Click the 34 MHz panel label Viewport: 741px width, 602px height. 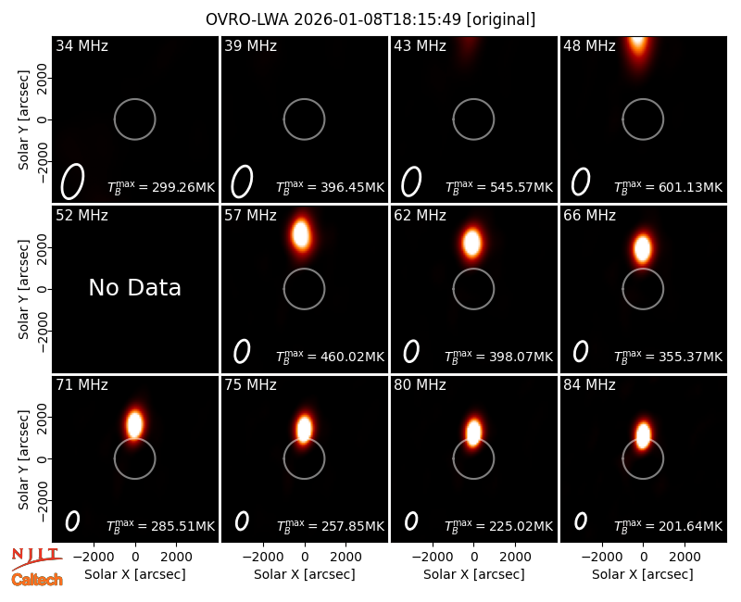82,45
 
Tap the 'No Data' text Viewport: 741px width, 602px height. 134,288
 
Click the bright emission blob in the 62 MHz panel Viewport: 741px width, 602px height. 472,243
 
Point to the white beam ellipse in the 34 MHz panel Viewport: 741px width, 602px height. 72,182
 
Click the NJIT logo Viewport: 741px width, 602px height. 36,558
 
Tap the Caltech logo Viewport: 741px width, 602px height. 37,580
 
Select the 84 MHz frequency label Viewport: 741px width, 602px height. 589,385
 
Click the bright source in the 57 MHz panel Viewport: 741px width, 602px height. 301,234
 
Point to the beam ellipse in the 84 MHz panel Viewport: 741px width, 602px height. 581,521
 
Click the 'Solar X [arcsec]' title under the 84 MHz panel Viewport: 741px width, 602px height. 642,574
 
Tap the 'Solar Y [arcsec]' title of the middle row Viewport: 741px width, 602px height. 23,289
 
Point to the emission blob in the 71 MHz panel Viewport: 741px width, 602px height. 134,423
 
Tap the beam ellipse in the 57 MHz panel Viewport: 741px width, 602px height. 242,352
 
